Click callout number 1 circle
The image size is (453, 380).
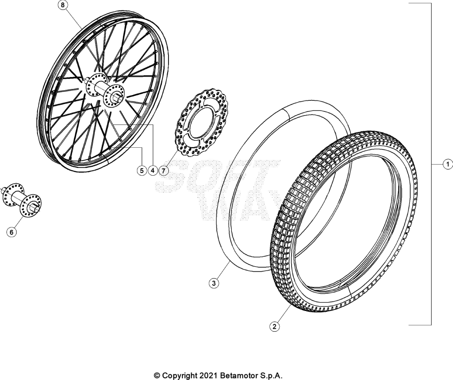(448, 165)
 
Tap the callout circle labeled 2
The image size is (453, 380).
(274, 327)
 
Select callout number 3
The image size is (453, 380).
(214, 283)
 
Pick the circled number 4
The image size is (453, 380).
(152, 171)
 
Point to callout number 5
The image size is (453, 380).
(142, 171)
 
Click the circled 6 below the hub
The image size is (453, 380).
(12, 232)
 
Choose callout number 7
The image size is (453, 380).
(163, 171)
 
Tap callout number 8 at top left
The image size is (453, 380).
(63, 5)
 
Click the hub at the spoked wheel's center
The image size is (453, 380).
(105, 90)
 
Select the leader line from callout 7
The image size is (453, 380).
(171, 159)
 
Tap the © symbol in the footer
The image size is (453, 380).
(157, 376)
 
